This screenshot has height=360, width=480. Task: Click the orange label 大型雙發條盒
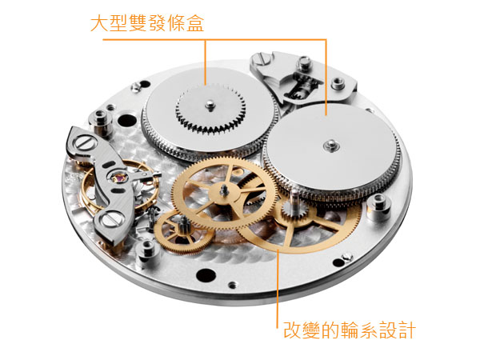tap(147, 23)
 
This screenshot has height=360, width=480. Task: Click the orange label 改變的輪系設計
tap(350, 330)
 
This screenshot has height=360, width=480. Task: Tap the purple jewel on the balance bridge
tap(119, 177)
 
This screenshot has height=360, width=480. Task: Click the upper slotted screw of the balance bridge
tap(84, 143)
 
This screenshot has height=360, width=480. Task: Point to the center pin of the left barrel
tap(210, 105)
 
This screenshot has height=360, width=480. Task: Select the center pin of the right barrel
tap(331, 146)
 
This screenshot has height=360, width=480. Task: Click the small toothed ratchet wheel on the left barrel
tap(210, 110)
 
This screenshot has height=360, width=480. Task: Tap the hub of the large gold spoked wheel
tap(224, 193)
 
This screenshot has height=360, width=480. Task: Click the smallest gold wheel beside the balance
tap(183, 232)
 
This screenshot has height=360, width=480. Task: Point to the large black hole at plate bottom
tap(206, 274)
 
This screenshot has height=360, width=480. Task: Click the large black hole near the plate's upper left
tap(126, 120)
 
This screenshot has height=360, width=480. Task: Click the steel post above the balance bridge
tap(102, 122)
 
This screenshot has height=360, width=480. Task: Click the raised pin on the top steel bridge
tap(304, 63)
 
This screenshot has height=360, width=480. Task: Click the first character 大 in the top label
tap(99, 23)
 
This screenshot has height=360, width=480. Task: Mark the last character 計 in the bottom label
tap(407, 330)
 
